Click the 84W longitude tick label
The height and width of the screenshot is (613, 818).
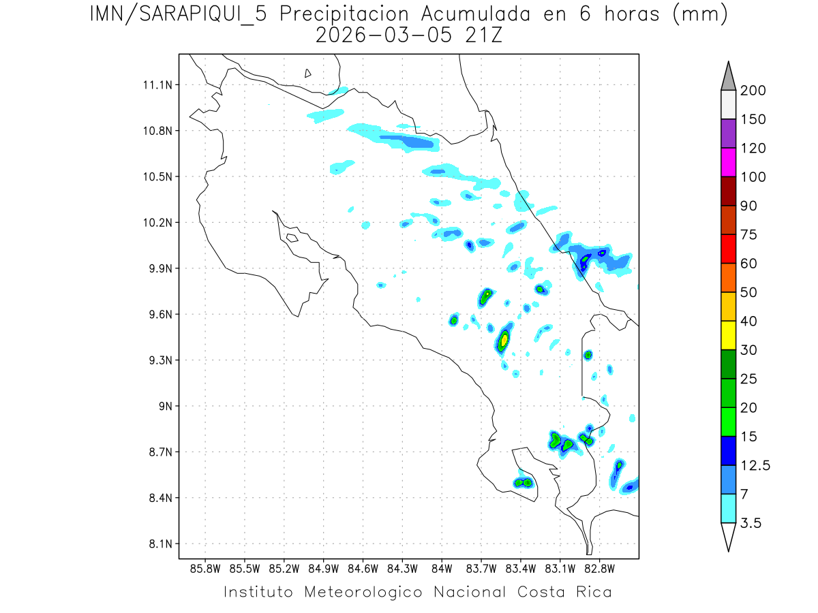(442, 568)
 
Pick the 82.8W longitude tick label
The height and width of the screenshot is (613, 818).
(599, 568)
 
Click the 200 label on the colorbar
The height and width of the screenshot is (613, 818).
(753, 91)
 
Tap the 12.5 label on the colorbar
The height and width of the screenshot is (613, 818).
(755, 465)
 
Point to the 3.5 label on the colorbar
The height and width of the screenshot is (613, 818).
(751, 523)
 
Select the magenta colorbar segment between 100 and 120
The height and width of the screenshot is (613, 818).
(728, 163)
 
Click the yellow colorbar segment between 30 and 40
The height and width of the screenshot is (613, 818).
(728, 335)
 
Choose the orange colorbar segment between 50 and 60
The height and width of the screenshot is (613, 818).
(728, 278)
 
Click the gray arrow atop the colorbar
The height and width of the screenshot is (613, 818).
(728, 77)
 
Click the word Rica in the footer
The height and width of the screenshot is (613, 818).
(592, 592)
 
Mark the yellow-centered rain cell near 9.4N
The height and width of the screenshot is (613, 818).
(504, 339)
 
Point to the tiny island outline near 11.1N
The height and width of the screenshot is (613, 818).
(308, 73)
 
